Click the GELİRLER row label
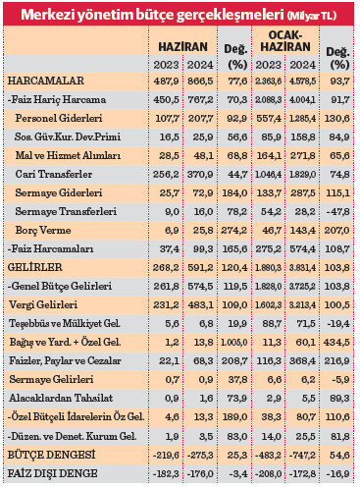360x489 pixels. tap(32, 266)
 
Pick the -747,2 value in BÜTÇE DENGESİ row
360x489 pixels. tap(300, 457)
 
